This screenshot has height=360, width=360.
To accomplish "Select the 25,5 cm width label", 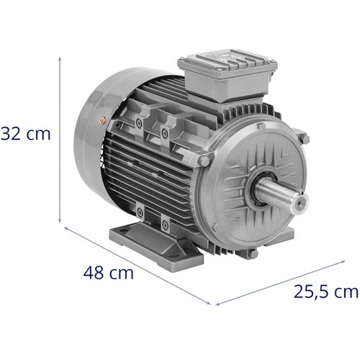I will [x=325, y=292].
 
